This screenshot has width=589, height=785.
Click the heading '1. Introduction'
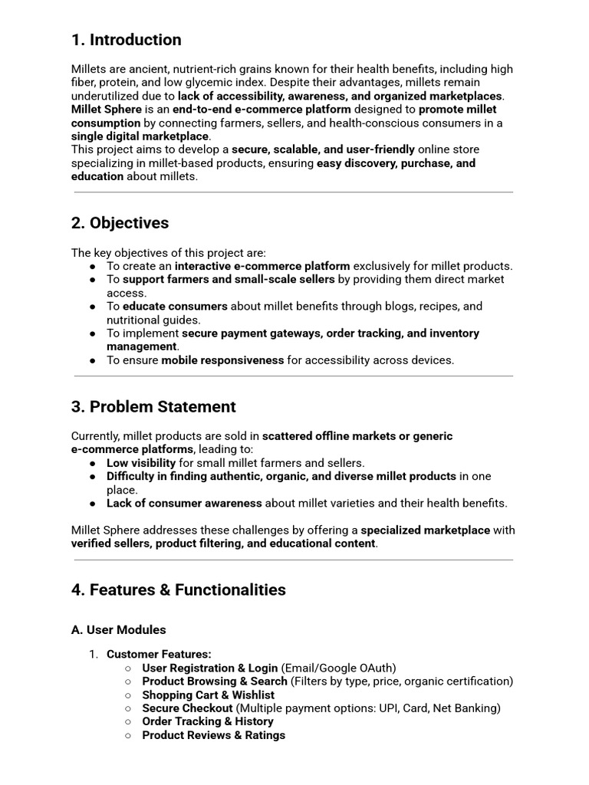[127, 40]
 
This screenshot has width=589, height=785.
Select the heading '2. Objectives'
[120, 223]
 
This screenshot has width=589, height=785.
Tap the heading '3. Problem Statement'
[153, 406]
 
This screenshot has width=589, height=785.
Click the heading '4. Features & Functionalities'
[179, 590]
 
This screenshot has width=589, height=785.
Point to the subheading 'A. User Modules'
[118, 629]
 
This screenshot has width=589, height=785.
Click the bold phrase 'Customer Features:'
[159, 654]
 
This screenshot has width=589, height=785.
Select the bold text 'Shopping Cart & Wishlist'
[208, 695]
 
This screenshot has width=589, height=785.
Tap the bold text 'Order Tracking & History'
[208, 721]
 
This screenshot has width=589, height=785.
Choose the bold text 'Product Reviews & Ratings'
[213, 735]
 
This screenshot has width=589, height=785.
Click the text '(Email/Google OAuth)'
[338, 668]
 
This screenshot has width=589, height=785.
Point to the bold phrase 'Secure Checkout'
[187, 708]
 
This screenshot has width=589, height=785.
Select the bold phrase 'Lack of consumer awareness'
[184, 504]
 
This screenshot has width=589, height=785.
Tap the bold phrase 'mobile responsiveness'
[222, 360]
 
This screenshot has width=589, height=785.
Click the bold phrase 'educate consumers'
[175, 307]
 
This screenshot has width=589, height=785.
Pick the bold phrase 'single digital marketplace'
[140, 136]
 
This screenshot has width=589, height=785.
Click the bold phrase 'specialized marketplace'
[425, 530]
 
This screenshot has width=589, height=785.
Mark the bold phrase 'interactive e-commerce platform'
[262, 266]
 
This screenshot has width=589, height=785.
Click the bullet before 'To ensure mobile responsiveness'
[92, 360]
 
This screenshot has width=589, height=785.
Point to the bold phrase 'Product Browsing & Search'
[215, 682]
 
